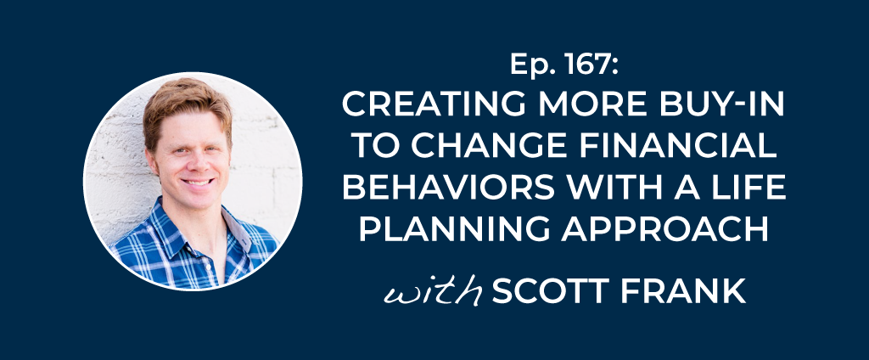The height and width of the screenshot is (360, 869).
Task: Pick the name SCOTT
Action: click(547, 292)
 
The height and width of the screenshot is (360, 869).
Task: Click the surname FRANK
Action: click(683, 292)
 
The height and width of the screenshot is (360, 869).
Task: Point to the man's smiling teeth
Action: click(197, 183)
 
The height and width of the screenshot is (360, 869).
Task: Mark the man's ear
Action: click(150, 160)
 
